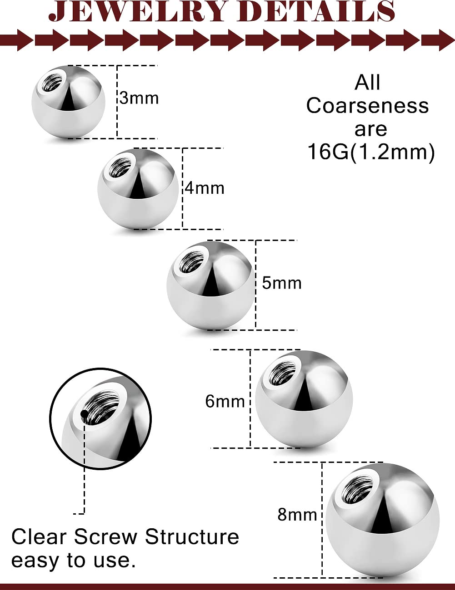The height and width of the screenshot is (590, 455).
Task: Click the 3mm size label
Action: coord(139,98)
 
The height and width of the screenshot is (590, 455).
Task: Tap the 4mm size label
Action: coord(205,188)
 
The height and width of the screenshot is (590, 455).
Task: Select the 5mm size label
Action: coord(282,283)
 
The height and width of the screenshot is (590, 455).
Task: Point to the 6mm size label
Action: coord(225,401)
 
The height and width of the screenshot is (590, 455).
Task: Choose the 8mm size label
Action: coord(297,515)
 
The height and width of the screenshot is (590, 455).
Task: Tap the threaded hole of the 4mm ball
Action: coord(120,168)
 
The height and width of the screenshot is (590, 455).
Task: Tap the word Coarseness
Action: coord(367,106)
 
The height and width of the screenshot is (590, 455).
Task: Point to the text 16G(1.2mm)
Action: coord(371,152)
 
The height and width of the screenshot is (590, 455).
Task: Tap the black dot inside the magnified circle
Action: coord(84,414)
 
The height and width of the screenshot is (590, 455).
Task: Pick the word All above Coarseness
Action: coord(367,83)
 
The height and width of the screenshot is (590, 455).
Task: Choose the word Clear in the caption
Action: coord(39,537)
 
